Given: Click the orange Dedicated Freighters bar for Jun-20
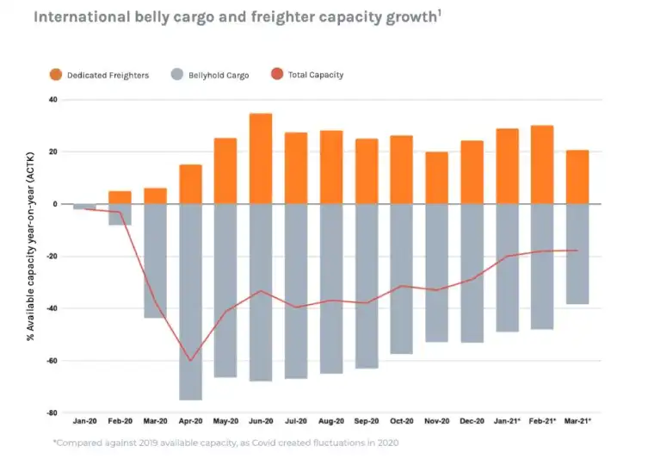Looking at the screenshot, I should coord(261,159).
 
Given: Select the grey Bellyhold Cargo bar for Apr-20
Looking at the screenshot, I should coord(190,301).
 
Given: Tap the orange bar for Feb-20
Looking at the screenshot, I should coord(120,197).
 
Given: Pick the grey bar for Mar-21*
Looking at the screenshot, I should coord(577,254).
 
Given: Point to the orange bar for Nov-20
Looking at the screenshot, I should coord(436,178).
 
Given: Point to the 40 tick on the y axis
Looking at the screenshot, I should coord(52,100).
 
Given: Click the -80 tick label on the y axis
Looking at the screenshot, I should coord(51,413).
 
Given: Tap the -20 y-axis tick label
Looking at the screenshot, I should coord(51,257).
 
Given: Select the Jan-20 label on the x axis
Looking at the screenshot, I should coord(84,421).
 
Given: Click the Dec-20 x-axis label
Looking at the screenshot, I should coord(472,421).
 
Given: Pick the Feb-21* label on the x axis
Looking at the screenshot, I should coord(543,421).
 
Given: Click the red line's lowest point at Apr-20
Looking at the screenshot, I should coord(190,361).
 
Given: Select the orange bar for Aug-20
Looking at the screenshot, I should coord(330,168).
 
